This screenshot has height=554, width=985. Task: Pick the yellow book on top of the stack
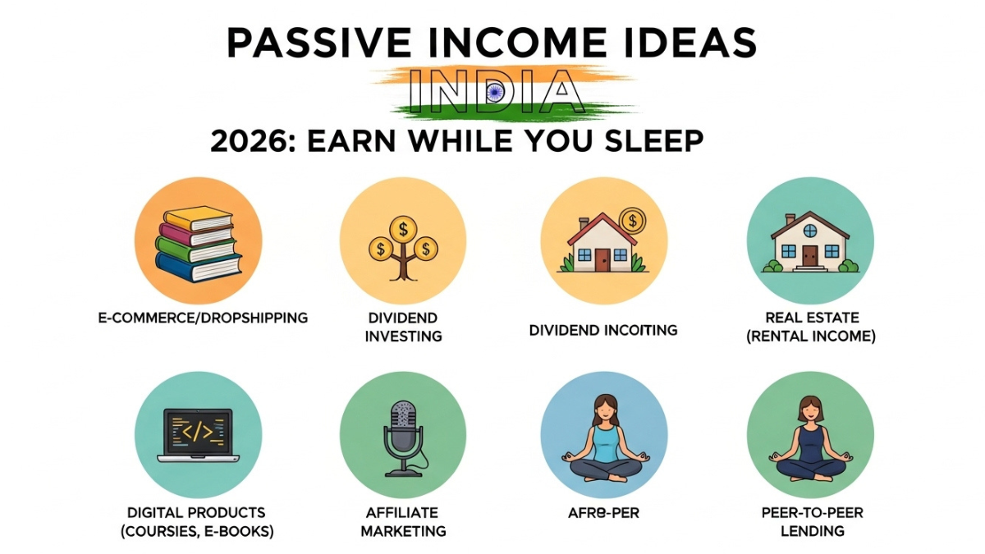click(198, 218)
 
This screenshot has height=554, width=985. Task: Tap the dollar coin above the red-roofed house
click(631, 219)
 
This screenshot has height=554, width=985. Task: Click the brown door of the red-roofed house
click(602, 259)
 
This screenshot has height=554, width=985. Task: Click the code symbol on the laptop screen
click(197, 430)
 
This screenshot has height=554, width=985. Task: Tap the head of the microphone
click(403, 419)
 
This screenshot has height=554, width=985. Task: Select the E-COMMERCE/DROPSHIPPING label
click(202, 317)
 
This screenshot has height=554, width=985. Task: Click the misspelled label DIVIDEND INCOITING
click(603, 330)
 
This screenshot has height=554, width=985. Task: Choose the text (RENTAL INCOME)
click(810, 336)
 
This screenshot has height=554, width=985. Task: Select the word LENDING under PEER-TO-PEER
click(810, 531)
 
